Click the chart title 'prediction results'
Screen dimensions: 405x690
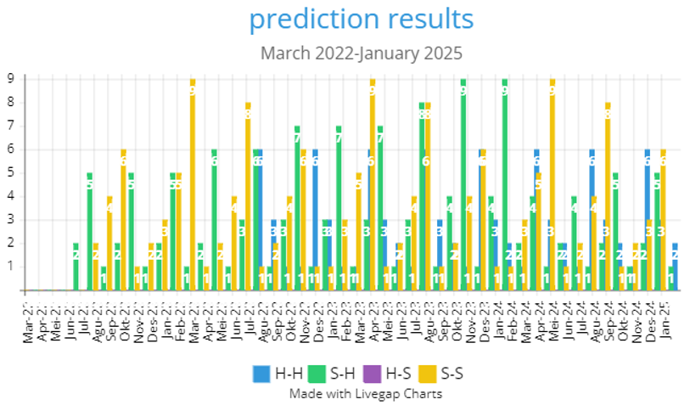361,20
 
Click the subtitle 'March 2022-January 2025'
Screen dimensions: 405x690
361,53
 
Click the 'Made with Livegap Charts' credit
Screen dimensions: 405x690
361,393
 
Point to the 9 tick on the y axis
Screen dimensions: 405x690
11,78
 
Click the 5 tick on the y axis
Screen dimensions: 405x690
11,172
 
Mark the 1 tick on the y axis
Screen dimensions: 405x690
11,267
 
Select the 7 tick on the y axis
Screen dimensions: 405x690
11,126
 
